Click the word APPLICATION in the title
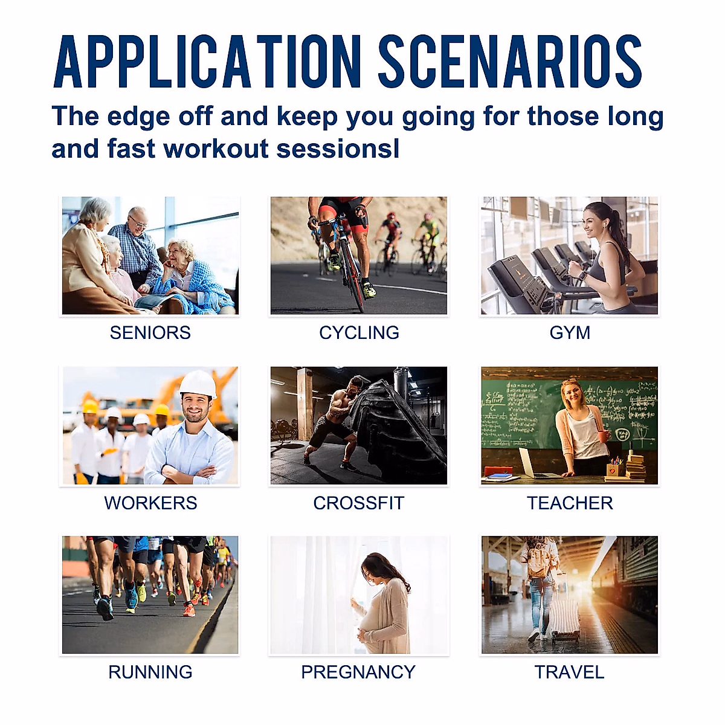(207, 62)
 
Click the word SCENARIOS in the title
(510, 62)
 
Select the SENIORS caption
(150, 332)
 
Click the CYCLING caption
(359, 332)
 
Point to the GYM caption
(570, 332)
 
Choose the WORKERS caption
(150, 503)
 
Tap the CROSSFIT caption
(358, 503)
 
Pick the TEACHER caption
(570, 503)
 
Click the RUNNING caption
(150, 672)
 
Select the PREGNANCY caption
(358, 672)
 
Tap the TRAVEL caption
(569, 672)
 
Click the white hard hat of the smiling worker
(198, 384)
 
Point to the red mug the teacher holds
(603, 436)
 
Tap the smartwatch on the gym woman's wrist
(583, 275)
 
